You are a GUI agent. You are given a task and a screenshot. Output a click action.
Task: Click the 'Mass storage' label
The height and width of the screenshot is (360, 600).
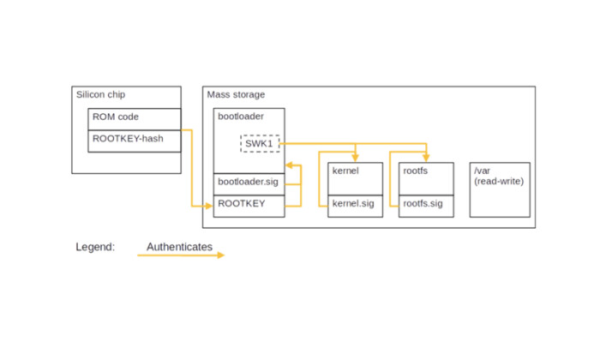click(237, 94)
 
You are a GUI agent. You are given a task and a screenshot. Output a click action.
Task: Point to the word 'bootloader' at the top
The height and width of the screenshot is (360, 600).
click(241, 115)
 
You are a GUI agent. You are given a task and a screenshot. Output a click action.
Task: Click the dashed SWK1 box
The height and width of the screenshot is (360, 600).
click(260, 143)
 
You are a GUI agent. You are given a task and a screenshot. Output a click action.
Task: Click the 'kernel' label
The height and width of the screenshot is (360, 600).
click(344, 171)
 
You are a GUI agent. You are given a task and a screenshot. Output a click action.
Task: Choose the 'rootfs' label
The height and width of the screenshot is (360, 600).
click(415, 171)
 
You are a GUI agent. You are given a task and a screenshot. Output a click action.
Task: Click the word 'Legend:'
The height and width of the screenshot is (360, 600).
click(95, 247)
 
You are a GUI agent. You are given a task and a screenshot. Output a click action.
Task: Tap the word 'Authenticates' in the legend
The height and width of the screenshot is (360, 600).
click(179, 247)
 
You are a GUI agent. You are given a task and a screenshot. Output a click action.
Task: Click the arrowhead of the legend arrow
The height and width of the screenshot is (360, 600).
click(220, 255)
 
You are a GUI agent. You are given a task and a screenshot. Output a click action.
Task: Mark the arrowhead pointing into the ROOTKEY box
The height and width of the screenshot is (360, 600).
click(209, 206)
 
